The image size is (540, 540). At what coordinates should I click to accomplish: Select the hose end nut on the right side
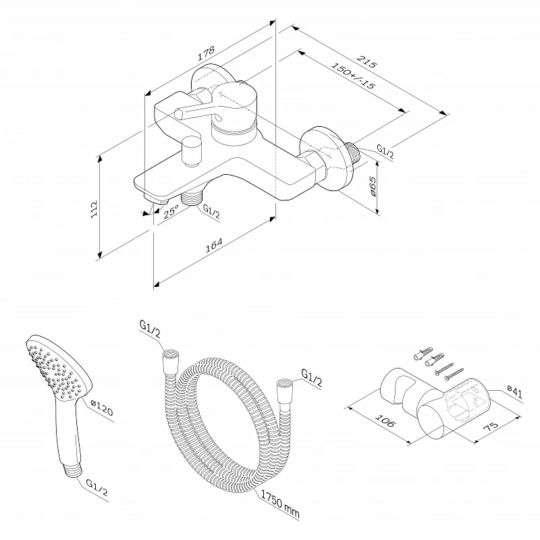click(282, 390)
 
